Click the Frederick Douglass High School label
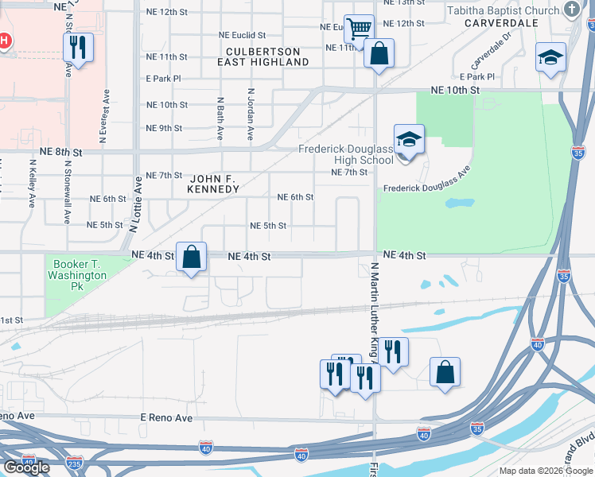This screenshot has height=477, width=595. pos(345,154)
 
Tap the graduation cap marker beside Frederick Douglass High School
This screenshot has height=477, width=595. pos(408,140)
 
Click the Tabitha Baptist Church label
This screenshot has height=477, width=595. pos(503,10)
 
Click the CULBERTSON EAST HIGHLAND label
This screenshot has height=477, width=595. pos(262,56)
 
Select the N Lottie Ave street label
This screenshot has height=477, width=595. pos(137,207)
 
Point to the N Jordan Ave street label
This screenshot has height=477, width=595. pos(250,114)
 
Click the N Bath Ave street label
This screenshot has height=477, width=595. pos(220,114)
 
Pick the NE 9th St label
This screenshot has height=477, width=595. pos(164,128)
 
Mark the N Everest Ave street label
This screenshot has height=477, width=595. pos(103,115)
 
